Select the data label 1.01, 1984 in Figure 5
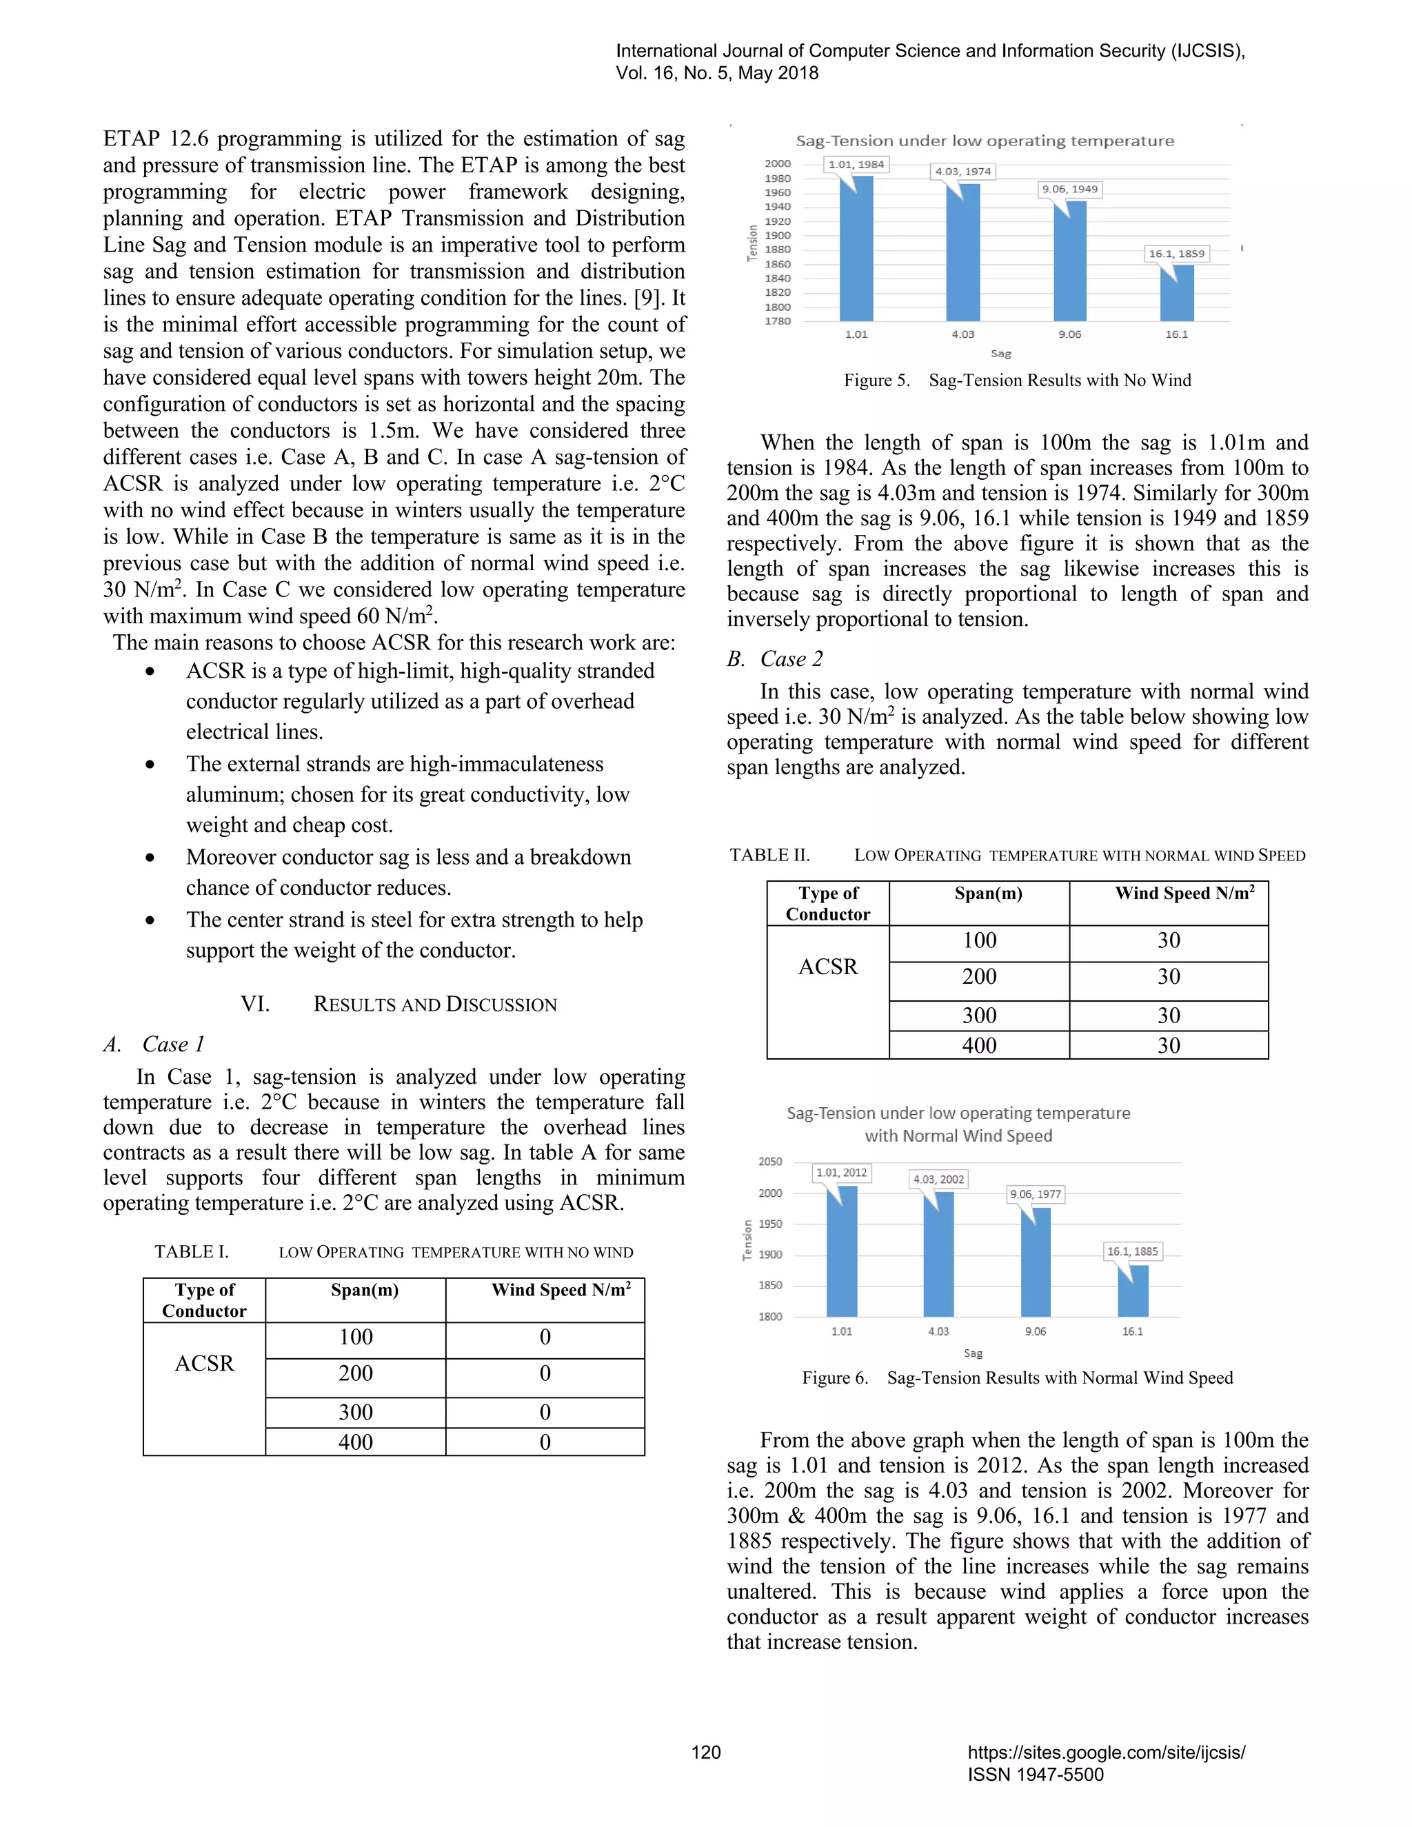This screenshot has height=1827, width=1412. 856,165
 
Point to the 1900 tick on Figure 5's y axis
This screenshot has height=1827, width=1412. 777,236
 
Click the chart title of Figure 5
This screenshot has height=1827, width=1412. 985,141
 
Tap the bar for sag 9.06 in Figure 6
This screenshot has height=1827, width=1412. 1036,1262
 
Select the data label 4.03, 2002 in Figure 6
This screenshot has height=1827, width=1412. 938,1180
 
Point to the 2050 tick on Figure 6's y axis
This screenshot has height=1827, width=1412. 769,1162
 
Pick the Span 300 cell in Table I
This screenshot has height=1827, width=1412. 356,1413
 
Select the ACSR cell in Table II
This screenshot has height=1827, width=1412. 827,967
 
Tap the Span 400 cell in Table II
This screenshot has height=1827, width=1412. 979,1046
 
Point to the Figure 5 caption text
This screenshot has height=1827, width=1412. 1017,381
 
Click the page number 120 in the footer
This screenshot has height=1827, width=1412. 705,1753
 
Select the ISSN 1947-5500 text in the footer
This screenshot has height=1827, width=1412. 1036,1775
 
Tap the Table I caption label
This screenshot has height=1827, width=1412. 191,1252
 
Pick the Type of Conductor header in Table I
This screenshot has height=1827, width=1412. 204,1301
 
